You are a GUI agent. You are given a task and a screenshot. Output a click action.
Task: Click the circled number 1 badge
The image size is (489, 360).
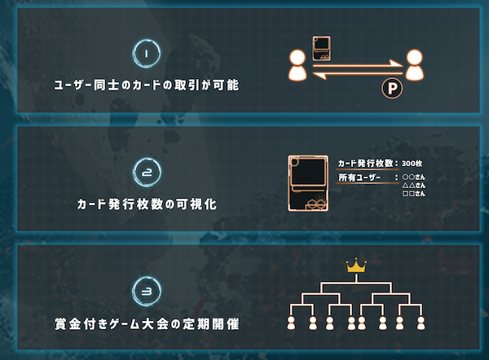(x=146, y=54)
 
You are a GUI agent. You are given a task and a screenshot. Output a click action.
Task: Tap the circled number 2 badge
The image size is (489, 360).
(x=147, y=172)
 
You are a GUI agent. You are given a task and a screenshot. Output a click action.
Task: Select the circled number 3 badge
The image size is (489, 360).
(x=147, y=291)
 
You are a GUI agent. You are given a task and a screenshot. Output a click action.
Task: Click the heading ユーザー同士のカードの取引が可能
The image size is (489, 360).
(x=147, y=85)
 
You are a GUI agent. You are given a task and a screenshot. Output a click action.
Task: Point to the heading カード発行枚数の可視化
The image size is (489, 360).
(x=147, y=204)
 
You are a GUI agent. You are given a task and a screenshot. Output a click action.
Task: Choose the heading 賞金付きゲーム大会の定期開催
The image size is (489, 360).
(x=147, y=324)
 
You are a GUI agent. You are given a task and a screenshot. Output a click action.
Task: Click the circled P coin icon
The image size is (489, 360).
(x=392, y=89)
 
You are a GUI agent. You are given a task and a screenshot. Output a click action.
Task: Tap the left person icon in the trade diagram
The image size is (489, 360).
(x=297, y=65)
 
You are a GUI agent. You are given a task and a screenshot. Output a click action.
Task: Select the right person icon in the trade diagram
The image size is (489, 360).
(x=415, y=65)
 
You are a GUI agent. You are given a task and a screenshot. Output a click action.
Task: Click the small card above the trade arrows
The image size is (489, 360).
(x=322, y=48)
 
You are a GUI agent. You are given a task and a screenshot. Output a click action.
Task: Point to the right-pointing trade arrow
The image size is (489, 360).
(x=358, y=64)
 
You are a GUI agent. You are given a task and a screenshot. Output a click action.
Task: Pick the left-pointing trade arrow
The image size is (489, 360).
(x=358, y=74)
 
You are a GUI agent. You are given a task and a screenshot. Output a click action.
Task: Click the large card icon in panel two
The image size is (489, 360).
(x=308, y=183)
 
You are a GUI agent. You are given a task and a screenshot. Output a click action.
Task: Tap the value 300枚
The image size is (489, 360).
(x=412, y=164)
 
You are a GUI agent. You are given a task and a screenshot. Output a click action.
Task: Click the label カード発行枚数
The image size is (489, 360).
(x=365, y=164)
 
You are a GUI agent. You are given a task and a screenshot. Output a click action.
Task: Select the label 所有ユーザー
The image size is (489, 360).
(x=359, y=178)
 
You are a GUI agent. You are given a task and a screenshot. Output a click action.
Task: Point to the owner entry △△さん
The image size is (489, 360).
(x=414, y=185)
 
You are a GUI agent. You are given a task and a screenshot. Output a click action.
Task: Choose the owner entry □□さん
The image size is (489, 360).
(x=414, y=194)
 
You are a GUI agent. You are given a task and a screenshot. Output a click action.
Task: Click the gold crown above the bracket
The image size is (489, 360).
(x=356, y=266)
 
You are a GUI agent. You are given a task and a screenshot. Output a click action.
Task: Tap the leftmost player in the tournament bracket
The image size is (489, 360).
(x=291, y=323)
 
